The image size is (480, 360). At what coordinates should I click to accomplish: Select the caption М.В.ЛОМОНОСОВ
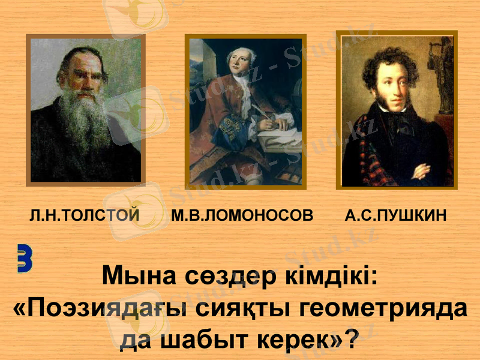(242, 215)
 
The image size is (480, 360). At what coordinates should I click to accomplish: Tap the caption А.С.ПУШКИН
(396, 215)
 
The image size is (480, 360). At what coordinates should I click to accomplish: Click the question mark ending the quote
(353, 340)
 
